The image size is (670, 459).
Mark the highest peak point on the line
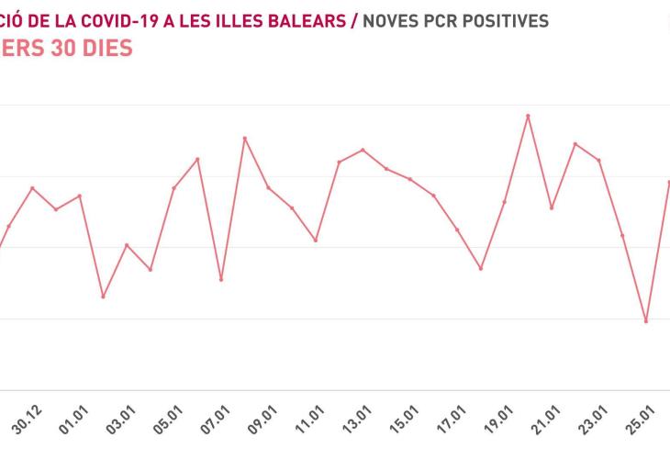coord(528,116)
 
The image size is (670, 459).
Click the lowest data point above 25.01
coord(646,321)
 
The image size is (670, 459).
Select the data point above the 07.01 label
coord(221,279)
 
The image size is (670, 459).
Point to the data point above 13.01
coord(363,150)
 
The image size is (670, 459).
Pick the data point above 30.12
coord(33,188)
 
